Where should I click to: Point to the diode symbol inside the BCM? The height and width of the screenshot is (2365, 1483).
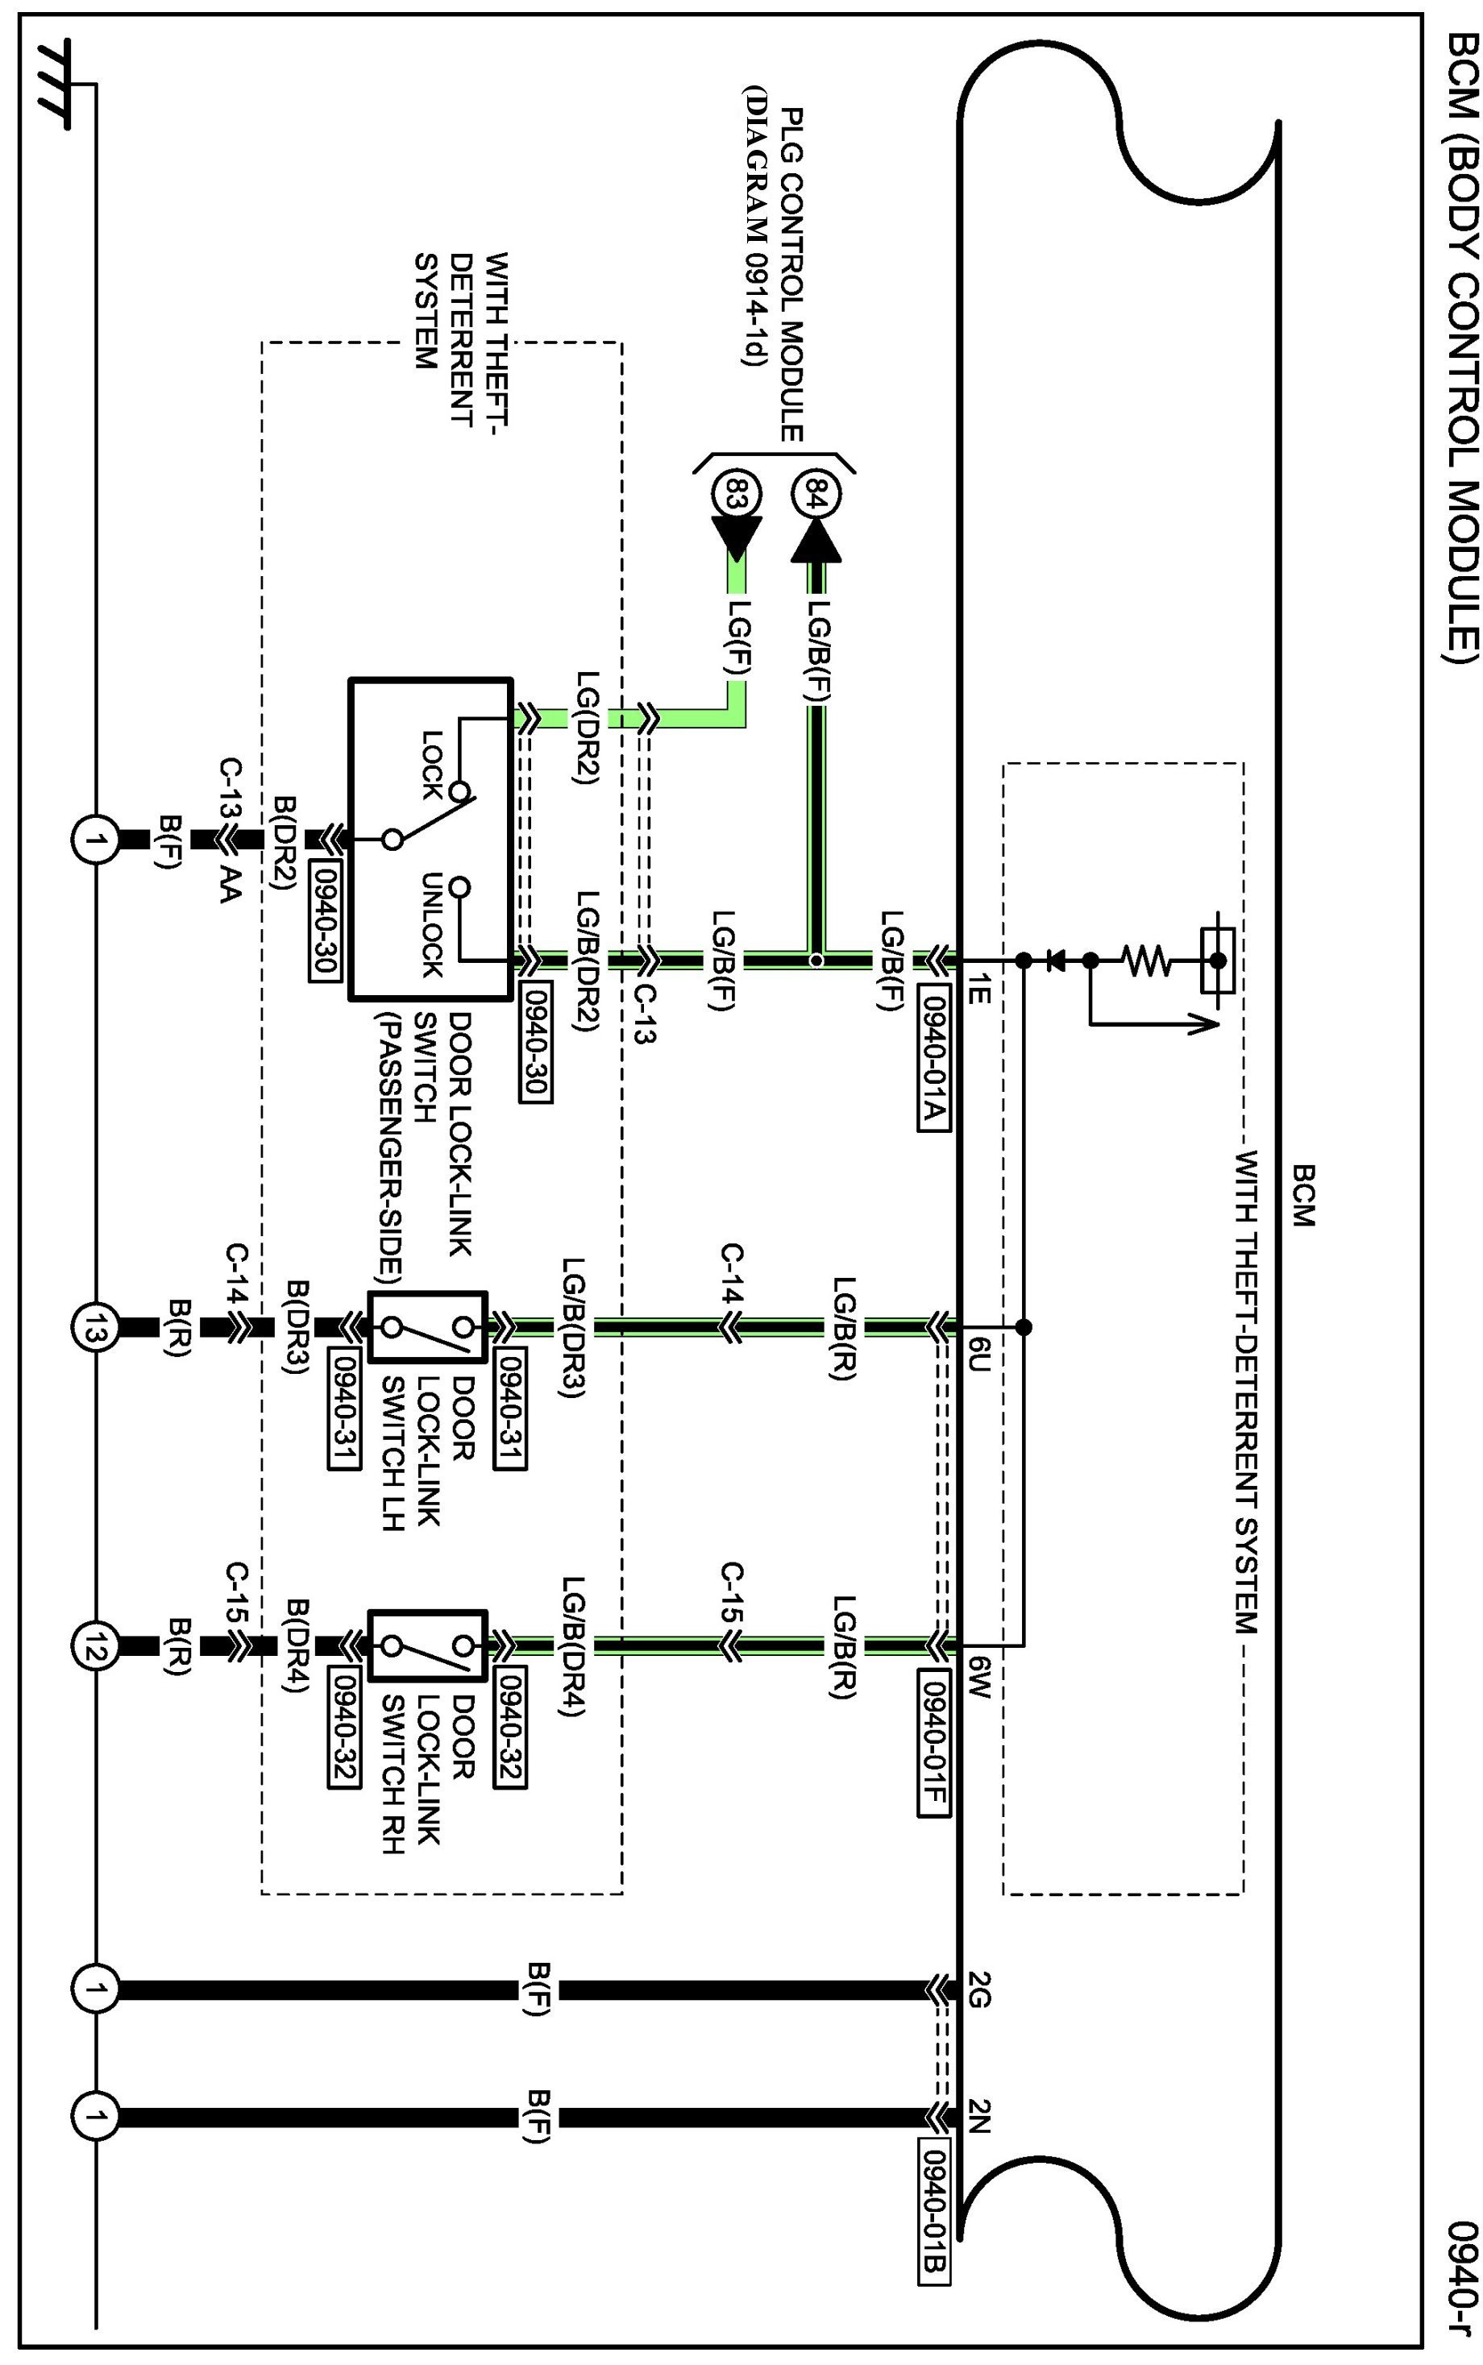tap(1055, 961)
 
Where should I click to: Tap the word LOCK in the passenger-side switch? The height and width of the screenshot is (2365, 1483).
tap(433, 764)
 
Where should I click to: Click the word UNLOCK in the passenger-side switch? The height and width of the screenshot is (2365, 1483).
tap(433, 923)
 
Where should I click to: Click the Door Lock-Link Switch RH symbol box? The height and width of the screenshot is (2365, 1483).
tap(428, 1645)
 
